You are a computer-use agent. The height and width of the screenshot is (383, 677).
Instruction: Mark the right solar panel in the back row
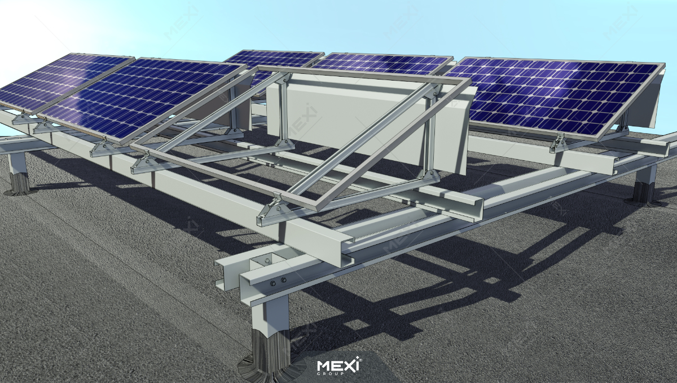tap(384, 63)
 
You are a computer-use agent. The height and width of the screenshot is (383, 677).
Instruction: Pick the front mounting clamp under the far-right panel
tap(559, 144)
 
